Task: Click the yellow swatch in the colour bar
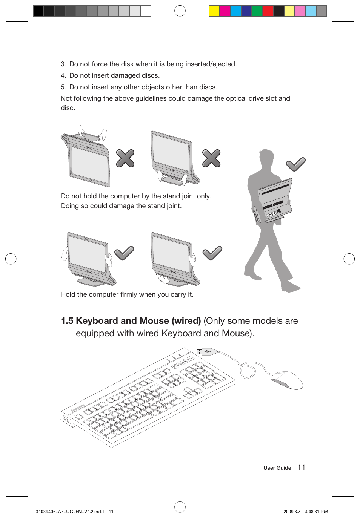214,11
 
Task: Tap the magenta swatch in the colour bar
225,11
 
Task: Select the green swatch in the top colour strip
257,11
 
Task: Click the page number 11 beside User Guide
301,467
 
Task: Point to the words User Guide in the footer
277,468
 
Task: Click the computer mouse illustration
287,380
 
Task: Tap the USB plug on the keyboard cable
207,352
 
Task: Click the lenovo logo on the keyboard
78,408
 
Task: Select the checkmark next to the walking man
295,164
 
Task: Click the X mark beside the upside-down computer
125,158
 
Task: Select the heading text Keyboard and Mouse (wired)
138,321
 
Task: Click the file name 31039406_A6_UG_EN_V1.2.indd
70,512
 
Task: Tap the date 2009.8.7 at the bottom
292,512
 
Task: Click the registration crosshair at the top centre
180,11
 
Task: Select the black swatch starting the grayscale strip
38,11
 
